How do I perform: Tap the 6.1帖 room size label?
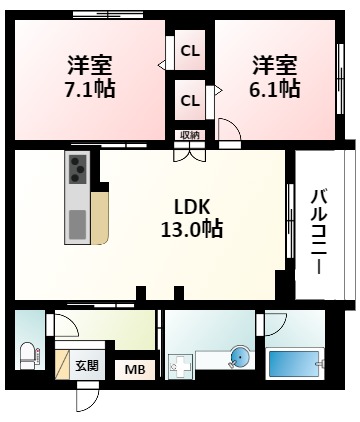pos(274,89)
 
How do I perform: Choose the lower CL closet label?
pos(189,99)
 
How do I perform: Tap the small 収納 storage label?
pos(189,135)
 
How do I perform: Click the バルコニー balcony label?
pos(318,231)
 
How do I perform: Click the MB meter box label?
pos(133,371)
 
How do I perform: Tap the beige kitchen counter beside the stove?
pos(100,213)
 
